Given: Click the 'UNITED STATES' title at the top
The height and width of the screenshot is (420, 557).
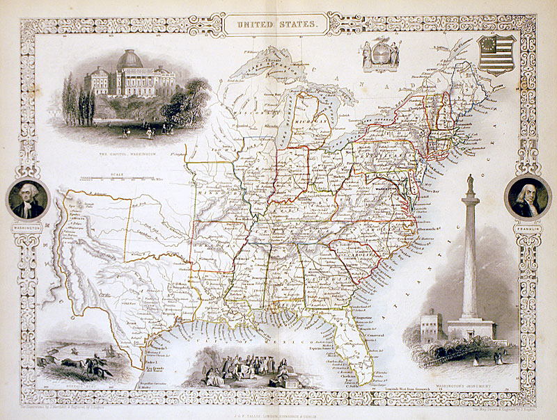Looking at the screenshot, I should tap(278, 24).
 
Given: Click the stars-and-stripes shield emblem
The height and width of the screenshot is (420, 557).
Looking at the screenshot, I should tap(496, 55).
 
